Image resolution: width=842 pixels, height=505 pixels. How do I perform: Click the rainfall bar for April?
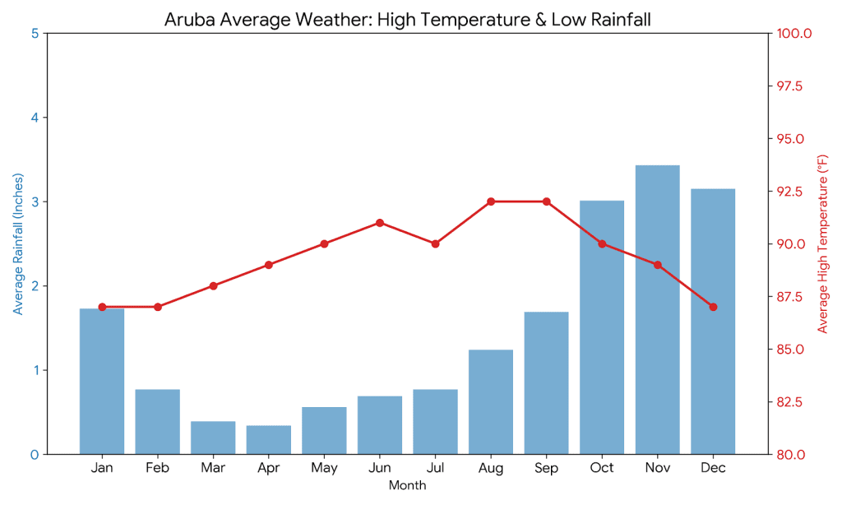(x=268, y=440)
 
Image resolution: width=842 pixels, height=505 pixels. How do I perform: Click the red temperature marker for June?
(x=380, y=223)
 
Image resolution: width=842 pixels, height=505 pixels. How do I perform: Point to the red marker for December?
(x=713, y=307)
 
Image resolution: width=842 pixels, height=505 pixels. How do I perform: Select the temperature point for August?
(x=491, y=202)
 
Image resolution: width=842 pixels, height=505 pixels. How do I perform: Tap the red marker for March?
(x=213, y=286)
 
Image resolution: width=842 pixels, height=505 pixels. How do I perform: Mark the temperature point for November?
(x=657, y=265)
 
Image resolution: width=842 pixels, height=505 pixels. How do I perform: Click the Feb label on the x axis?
(x=157, y=468)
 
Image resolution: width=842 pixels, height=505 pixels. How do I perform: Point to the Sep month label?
(x=546, y=468)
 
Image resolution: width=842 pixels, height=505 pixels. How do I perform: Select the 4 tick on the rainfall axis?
(x=35, y=118)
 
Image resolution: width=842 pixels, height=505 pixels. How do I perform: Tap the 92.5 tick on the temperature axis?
(x=791, y=192)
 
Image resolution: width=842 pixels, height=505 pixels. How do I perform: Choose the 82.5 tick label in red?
(x=791, y=401)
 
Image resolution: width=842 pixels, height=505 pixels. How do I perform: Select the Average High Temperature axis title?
(x=821, y=244)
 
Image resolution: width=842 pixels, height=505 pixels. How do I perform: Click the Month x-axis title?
(x=407, y=486)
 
